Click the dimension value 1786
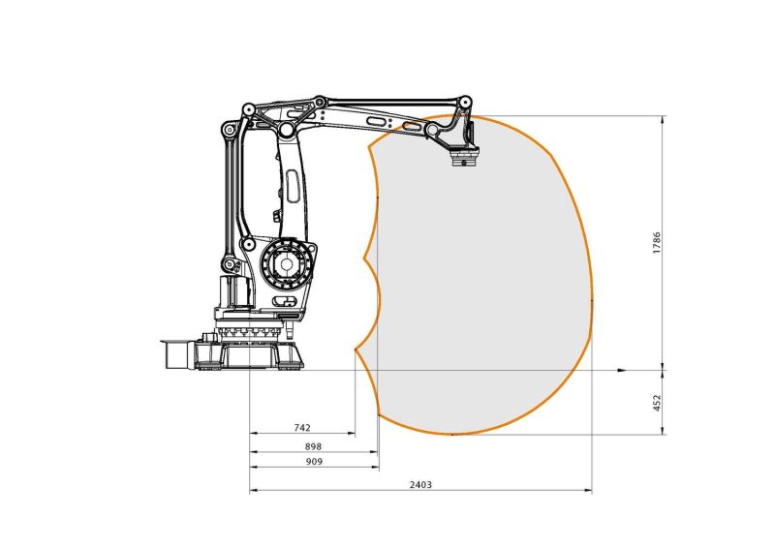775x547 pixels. coord(657,241)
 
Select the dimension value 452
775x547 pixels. coord(657,401)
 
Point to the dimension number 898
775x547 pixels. coord(313,446)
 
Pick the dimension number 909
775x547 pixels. coord(313,462)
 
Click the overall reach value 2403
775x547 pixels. coord(419,483)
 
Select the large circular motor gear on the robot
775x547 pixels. coord(286,263)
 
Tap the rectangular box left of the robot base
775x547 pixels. coord(176,352)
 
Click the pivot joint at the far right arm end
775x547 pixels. coord(466,101)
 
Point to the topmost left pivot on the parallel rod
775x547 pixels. coord(248,108)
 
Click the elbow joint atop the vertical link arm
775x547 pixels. coord(287,130)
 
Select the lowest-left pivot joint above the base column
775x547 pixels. coord(229,263)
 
